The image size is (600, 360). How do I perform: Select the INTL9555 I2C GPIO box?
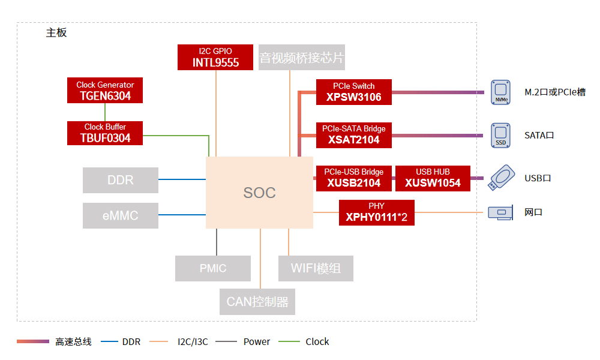(215, 57)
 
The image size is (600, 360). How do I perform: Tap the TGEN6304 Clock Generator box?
(105, 91)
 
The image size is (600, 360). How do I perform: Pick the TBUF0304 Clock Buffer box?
(105, 133)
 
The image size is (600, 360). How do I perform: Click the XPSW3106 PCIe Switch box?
(354, 92)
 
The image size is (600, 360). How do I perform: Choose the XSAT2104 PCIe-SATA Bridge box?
(354, 135)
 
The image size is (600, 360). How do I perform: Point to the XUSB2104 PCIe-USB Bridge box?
(354, 178)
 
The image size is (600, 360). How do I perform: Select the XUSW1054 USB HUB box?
(433, 178)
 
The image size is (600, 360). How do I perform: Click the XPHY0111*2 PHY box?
(377, 212)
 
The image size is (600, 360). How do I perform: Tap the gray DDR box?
(121, 180)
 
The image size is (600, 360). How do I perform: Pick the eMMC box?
(121, 215)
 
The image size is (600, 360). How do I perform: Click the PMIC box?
(213, 268)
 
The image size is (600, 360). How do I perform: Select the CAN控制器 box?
(257, 301)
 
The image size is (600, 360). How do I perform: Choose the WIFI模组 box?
(316, 268)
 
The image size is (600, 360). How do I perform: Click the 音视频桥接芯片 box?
(302, 58)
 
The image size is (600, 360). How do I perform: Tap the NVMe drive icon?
(500, 92)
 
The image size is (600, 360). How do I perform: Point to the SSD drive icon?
(500, 136)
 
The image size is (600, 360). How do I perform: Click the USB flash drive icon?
(502, 178)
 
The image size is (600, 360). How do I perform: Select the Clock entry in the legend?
(317, 342)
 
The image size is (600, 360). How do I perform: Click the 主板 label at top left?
(56, 33)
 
